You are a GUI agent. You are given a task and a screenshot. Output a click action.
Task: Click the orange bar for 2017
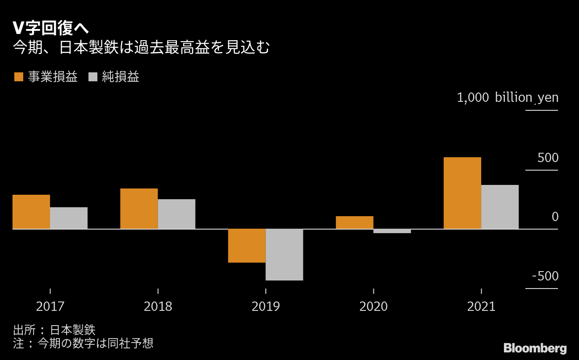click(x=31, y=212)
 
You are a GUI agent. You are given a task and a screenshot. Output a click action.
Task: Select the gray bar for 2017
click(x=69, y=218)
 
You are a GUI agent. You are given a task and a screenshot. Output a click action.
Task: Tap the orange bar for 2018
click(x=139, y=209)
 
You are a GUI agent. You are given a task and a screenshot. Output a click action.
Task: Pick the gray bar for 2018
click(x=176, y=214)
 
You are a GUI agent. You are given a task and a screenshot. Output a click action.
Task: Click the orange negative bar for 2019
click(x=247, y=246)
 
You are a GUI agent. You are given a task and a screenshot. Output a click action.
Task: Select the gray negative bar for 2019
click(x=284, y=255)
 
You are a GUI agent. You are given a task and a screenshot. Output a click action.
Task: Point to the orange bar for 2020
click(x=355, y=222)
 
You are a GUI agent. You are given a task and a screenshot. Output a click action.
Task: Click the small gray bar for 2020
click(x=392, y=231)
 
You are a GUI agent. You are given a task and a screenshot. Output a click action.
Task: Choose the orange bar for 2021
click(x=462, y=193)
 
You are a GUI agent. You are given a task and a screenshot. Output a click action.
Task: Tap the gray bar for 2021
click(x=500, y=207)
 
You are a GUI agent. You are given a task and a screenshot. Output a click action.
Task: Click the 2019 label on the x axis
click(x=265, y=307)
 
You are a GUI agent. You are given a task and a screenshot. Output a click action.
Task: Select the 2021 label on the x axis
click(x=481, y=307)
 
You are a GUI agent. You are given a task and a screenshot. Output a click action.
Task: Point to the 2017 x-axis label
click(x=50, y=307)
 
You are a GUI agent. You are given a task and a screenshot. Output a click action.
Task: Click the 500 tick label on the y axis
click(x=548, y=158)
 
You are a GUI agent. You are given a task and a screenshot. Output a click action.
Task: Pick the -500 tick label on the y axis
click(x=545, y=276)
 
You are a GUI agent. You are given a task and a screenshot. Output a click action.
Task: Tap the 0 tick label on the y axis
click(x=555, y=217)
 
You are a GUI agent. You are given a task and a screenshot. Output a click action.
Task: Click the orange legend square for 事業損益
click(x=18, y=77)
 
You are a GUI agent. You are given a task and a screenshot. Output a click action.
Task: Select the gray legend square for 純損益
click(x=93, y=77)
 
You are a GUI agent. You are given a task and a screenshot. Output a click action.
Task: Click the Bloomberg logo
click(x=535, y=348)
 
